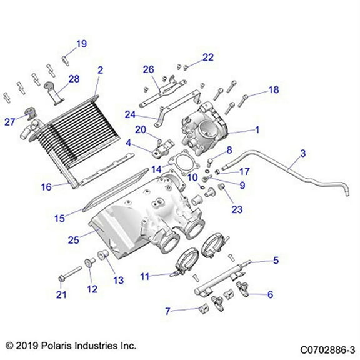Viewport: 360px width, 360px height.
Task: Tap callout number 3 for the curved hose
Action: click(x=302, y=153)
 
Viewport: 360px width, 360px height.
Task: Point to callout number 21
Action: click(x=61, y=296)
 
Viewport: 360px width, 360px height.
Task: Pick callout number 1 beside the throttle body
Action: click(x=256, y=131)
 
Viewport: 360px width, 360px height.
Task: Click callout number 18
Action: click(x=274, y=89)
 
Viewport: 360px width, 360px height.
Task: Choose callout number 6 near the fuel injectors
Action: click(x=269, y=294)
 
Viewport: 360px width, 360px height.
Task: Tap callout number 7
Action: click(x=167, y=310)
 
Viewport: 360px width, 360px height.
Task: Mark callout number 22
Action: click(x=207, y=57)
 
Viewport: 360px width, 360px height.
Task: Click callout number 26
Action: click(x=148, y=69)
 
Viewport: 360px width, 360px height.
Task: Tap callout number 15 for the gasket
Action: click(x=60, y=218)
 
